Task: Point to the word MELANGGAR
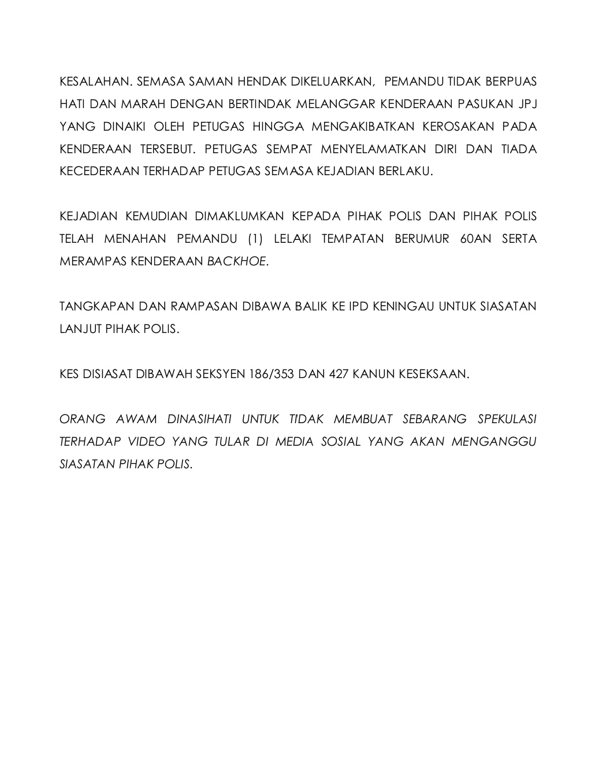click(335, 104)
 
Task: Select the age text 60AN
click(476, 239)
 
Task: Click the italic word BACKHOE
click(237, 262)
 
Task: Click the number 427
click(338, 375)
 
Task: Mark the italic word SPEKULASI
click(507, 420)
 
